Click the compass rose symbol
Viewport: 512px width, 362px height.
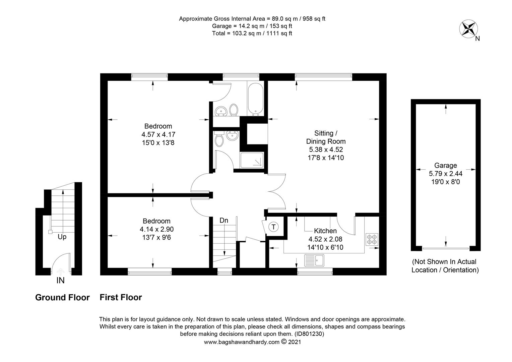468,28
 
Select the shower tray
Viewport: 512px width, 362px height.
252,160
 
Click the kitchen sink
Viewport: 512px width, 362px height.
314,260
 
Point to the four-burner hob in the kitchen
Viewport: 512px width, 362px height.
372,239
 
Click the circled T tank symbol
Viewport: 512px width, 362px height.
273,227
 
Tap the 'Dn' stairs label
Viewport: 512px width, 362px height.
224,220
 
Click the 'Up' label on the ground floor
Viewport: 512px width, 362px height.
62,237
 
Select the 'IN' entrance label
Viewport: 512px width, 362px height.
60,280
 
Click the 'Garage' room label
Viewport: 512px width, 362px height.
445,165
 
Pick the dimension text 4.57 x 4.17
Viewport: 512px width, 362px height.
158,134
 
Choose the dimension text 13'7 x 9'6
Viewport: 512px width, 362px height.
156,238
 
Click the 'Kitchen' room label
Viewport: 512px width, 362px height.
325,231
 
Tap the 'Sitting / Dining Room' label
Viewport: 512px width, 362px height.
326,137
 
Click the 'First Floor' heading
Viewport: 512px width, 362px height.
121,297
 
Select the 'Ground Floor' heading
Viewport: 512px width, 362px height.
62,297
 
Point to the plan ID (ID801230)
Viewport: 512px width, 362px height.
309,334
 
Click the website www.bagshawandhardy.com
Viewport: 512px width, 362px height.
242,342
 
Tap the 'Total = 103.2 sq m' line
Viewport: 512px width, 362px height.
252,34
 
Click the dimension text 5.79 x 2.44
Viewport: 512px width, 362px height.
445,174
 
